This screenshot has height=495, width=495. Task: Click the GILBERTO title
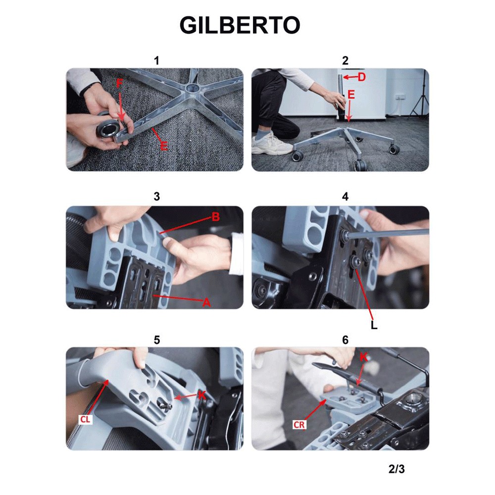240,25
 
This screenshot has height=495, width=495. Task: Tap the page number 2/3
396,469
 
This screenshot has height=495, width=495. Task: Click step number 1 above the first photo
156,60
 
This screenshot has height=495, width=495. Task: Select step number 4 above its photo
346,197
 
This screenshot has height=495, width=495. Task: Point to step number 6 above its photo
346,340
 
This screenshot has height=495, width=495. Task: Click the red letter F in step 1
119,83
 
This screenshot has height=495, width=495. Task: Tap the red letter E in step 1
164,146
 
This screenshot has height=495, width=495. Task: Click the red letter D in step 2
362,77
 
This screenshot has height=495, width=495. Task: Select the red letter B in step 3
216,217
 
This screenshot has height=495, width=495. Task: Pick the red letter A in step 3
206,303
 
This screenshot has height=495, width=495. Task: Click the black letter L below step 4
374,325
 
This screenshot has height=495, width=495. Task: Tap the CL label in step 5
85,420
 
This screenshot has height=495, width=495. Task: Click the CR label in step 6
299,425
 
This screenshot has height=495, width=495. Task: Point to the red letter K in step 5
202,395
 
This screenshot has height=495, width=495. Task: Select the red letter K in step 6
364,357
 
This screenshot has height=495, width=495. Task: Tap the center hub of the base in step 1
191,88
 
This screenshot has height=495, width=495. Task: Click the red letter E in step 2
351,95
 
